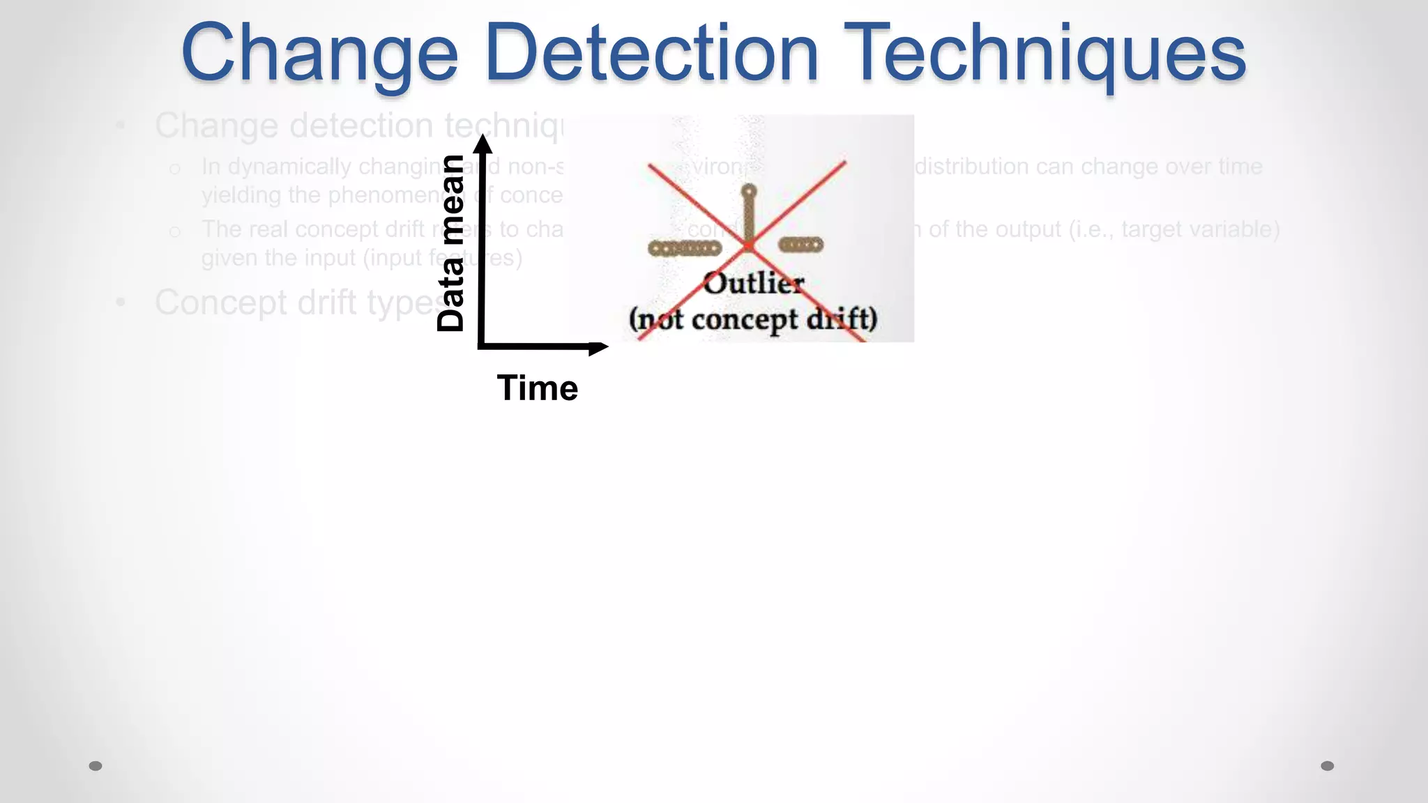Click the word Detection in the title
click(652, 53)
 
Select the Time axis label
click(537, 388)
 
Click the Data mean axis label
click(450, 243)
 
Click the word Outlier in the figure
click(753, 284)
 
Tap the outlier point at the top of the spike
click(748, 190)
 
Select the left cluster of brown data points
click(684, 248)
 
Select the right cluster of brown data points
click(800, 245)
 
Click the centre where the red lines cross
click(748, 245)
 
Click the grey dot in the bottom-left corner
click(96, 766)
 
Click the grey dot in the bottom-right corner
click(1328, 766)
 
